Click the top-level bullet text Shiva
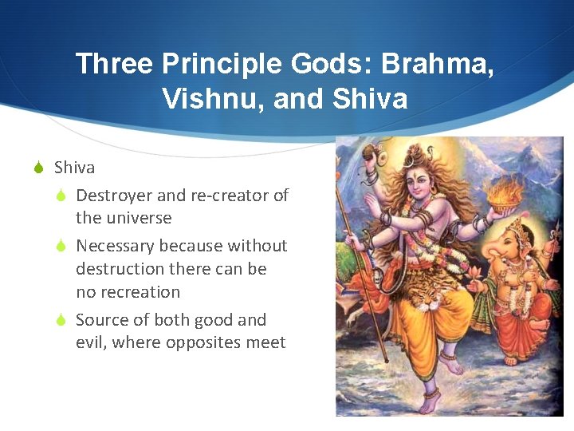tap(74, 168)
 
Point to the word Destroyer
tap(111, 196)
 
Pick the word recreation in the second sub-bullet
tap(129, 292)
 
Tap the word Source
tap(101, 320)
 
